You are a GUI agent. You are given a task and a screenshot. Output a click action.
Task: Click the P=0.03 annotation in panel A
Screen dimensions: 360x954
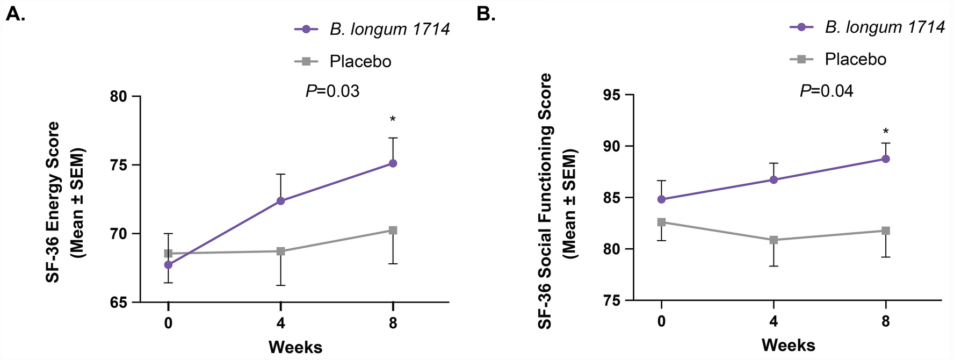tap(333, 91)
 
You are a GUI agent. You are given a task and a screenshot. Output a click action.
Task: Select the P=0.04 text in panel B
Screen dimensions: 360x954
tap(826, 91)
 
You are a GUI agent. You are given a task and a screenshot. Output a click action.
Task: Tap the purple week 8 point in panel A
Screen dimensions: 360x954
tap(393, 163)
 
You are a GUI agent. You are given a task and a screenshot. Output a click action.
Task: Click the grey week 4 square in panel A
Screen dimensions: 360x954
tap(280, 251)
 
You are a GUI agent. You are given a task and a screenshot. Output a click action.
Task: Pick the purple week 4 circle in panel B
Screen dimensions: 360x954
tap(774, 179)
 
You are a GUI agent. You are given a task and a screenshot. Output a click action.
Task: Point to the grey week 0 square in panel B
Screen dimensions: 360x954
tap(661, 222)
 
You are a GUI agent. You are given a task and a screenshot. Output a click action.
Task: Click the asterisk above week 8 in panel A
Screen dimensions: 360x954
tap(393, 119)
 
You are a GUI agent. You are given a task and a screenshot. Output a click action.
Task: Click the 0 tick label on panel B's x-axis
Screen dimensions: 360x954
tap(661, 321)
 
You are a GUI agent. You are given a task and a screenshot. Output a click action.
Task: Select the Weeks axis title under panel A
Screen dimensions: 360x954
tap(295, 347)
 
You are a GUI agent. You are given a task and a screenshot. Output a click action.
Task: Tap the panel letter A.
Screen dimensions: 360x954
tap(15, 15)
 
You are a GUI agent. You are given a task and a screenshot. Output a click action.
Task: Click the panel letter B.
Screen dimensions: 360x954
tap(486, 15)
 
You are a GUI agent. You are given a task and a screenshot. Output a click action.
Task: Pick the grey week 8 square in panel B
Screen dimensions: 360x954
tap(886, 231)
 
